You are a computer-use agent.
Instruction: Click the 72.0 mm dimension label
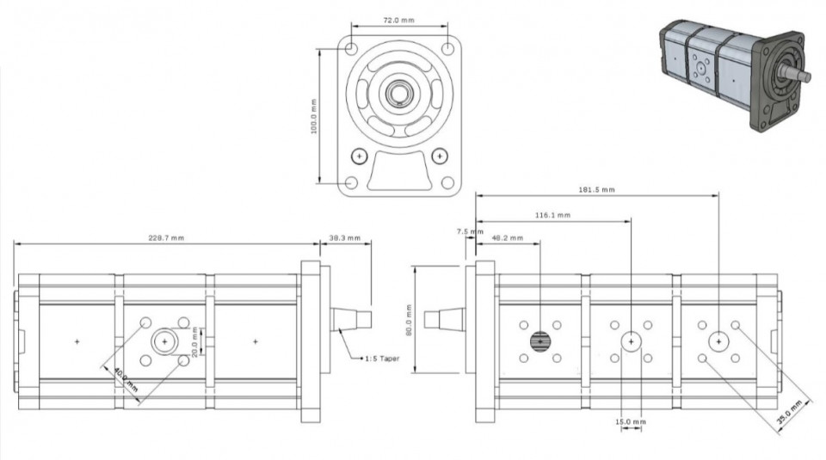pyautogui.click(x=398, y=21)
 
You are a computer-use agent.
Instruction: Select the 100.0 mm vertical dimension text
pyautogui.click(x=314, y=116)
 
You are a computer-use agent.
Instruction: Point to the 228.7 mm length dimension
pyautogui.click(x=166, y=238)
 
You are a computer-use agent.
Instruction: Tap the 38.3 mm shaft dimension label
pyautogui.click(x=345, y=238)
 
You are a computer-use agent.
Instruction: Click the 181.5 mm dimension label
pyautogui.click(x=597, y=189)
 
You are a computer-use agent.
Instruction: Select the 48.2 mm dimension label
pyautogui.click(x=508, y=238)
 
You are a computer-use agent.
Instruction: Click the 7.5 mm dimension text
pyautogui.click(x=470, y=231)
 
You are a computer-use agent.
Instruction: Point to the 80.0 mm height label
pyautogui.click(x=408, y=320)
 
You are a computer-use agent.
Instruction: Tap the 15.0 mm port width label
pyautogui.click(x=631, y=421)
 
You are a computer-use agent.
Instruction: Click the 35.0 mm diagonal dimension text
pyautogui.click(x=789, y=412)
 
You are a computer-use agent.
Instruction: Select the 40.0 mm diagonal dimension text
pyautogui.click(x=126, y=380)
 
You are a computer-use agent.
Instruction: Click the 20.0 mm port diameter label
pyautogui.click(x=195, y=342)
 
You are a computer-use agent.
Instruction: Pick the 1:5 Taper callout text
pyautogui.click(x=382, y=359)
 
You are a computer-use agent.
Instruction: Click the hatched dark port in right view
pyautogui.click(x=540, y=341)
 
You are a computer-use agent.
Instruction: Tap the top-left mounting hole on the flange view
pyautogui.click(x=351, y=49)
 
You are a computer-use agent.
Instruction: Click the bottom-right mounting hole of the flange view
pyautogui.click(x=447, y=182)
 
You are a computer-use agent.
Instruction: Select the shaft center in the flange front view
pyautogui.click(x=398, y=94)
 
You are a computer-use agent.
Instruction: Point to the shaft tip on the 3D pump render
pyautogui.click(x=807, y=77)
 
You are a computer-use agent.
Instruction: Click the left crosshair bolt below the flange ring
pyautogui.click(x=360, y=156)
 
